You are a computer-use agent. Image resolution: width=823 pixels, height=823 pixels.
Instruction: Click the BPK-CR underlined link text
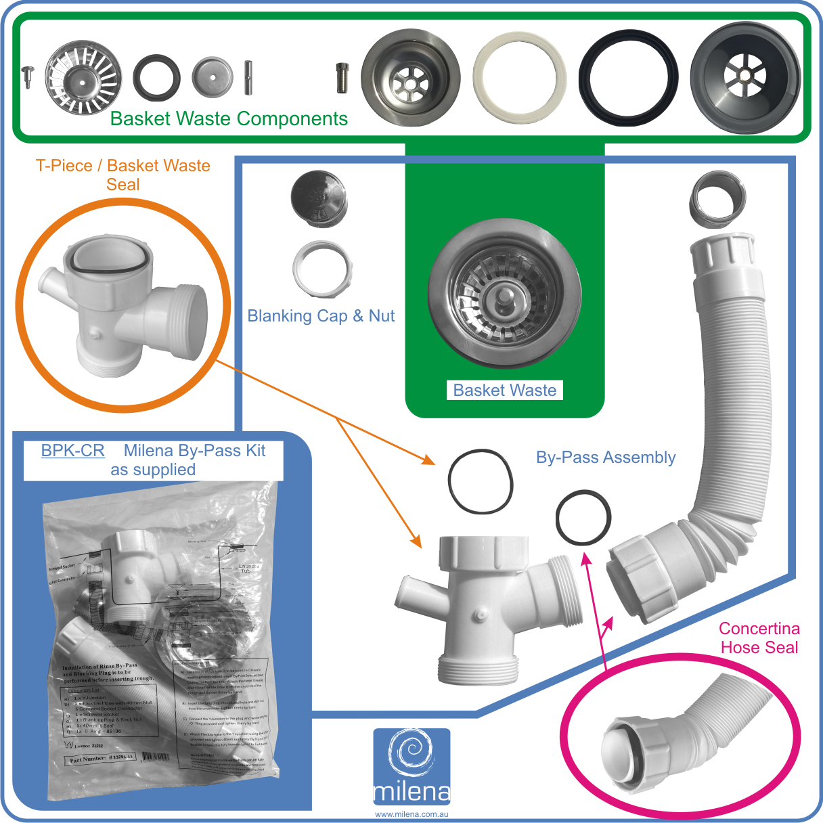(x=72, y=451)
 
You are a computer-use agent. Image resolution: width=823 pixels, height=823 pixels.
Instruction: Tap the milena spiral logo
(x=411, y=755)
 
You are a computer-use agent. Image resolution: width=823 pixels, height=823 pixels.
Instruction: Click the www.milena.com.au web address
(x=411, y=814)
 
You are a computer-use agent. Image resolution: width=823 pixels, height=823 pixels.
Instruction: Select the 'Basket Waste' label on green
(x=504, y=391)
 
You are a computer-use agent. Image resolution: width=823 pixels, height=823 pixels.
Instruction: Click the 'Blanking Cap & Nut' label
(x=321, y=316)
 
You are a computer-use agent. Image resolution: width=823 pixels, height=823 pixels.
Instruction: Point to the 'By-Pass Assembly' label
(x=606, y=458)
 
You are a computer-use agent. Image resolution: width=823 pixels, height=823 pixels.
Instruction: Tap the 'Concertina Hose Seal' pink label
(x=759, y=638)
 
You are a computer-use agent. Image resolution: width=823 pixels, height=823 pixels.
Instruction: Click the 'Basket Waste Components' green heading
(x=229, y=119)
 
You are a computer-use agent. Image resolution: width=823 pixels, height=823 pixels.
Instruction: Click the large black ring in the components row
(x=629, y=77)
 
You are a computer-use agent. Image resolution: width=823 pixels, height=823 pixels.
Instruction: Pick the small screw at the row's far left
(x=28, y=76)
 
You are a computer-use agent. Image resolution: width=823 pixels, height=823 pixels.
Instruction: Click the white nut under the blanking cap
(x=322, y=269)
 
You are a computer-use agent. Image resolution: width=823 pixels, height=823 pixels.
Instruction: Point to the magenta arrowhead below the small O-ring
(x=586, y=559)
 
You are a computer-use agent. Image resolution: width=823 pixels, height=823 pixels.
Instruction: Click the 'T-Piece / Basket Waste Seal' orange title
(x=123, y=175)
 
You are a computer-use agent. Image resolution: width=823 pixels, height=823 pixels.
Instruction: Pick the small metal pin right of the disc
(x=248, y=77)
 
